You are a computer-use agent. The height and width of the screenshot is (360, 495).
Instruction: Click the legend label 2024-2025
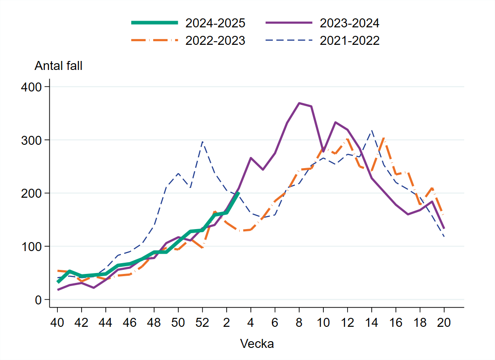[215, 23]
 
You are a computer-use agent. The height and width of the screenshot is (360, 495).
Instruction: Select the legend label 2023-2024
[349, 23]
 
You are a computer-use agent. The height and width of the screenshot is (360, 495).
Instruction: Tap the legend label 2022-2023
[215, 41]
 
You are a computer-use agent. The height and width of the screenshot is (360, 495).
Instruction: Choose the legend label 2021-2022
[349, 41]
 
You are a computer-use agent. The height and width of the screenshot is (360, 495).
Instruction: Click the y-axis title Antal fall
[59, 65]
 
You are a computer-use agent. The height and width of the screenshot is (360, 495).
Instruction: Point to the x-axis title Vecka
[257, 344]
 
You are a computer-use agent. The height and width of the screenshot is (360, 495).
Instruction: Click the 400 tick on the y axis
[31, 87]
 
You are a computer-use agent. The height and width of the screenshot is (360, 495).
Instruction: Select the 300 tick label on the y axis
[31, 140]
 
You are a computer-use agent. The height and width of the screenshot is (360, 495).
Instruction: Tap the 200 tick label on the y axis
[31, 193]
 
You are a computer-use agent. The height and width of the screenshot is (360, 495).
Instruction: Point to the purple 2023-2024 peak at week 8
[299, 103]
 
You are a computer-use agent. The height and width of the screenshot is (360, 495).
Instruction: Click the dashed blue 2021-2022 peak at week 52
[202, 142]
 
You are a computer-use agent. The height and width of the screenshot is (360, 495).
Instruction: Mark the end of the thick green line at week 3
[238, 193]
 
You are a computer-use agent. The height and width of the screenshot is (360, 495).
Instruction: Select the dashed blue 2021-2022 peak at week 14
[371, 131]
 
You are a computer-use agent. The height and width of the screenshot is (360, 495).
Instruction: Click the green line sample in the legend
[155, 23]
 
